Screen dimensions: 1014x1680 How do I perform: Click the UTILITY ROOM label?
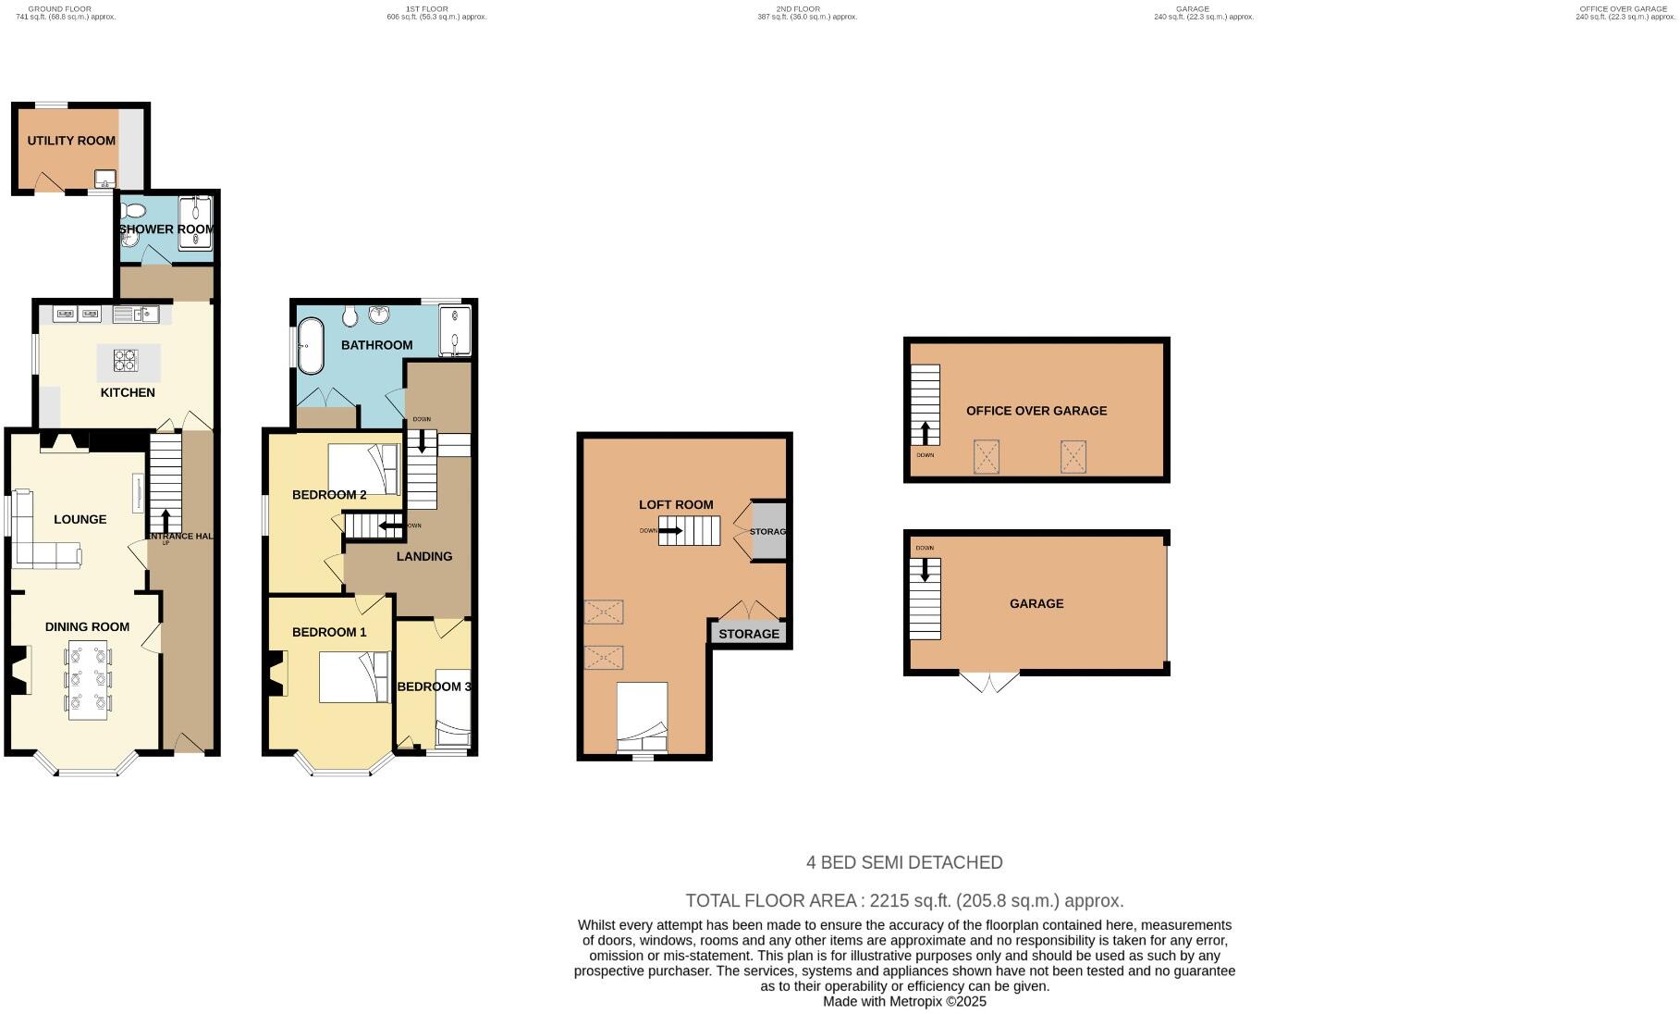[71, 141]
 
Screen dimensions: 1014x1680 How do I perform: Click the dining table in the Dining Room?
[88, 680]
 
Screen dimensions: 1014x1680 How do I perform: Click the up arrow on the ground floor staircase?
[166, 520]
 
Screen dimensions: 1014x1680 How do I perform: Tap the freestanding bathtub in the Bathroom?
[310, 345]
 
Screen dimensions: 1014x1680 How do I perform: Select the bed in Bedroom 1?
[354, 677]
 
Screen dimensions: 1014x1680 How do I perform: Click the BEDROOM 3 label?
[434, 686]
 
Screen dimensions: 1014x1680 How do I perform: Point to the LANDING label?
[424, 556]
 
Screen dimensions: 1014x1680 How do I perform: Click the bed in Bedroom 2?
[363, 470]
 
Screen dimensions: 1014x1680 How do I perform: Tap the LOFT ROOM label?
[676, 504]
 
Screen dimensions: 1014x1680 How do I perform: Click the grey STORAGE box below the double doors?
[749, 634]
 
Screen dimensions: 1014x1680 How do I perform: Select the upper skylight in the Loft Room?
[603, 612]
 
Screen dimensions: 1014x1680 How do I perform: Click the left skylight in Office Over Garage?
[987, 457]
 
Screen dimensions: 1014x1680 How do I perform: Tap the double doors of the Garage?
[989, 683]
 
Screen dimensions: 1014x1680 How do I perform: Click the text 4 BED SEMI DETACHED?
[904, 862]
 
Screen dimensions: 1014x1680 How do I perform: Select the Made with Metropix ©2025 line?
[904, 1001]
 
